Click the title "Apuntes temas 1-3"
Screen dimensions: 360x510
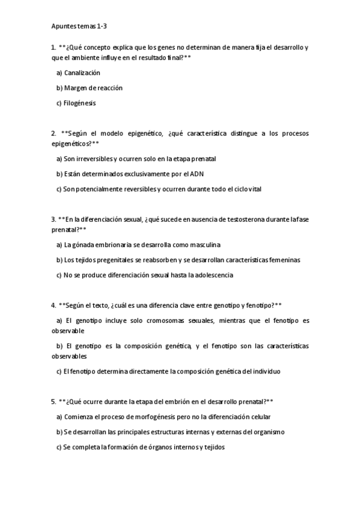(x=79, y=26)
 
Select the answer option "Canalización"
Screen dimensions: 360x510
(x=82, y=73)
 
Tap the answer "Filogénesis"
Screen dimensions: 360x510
(x=80, y=103)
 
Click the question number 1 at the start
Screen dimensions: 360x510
(x=53, y=48)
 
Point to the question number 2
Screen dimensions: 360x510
(x=53, y=133)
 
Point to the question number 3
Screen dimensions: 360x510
(x=53, y=219)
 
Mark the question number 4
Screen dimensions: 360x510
(x=53, y=305)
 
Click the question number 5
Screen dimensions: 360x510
(x=53, y=401)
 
